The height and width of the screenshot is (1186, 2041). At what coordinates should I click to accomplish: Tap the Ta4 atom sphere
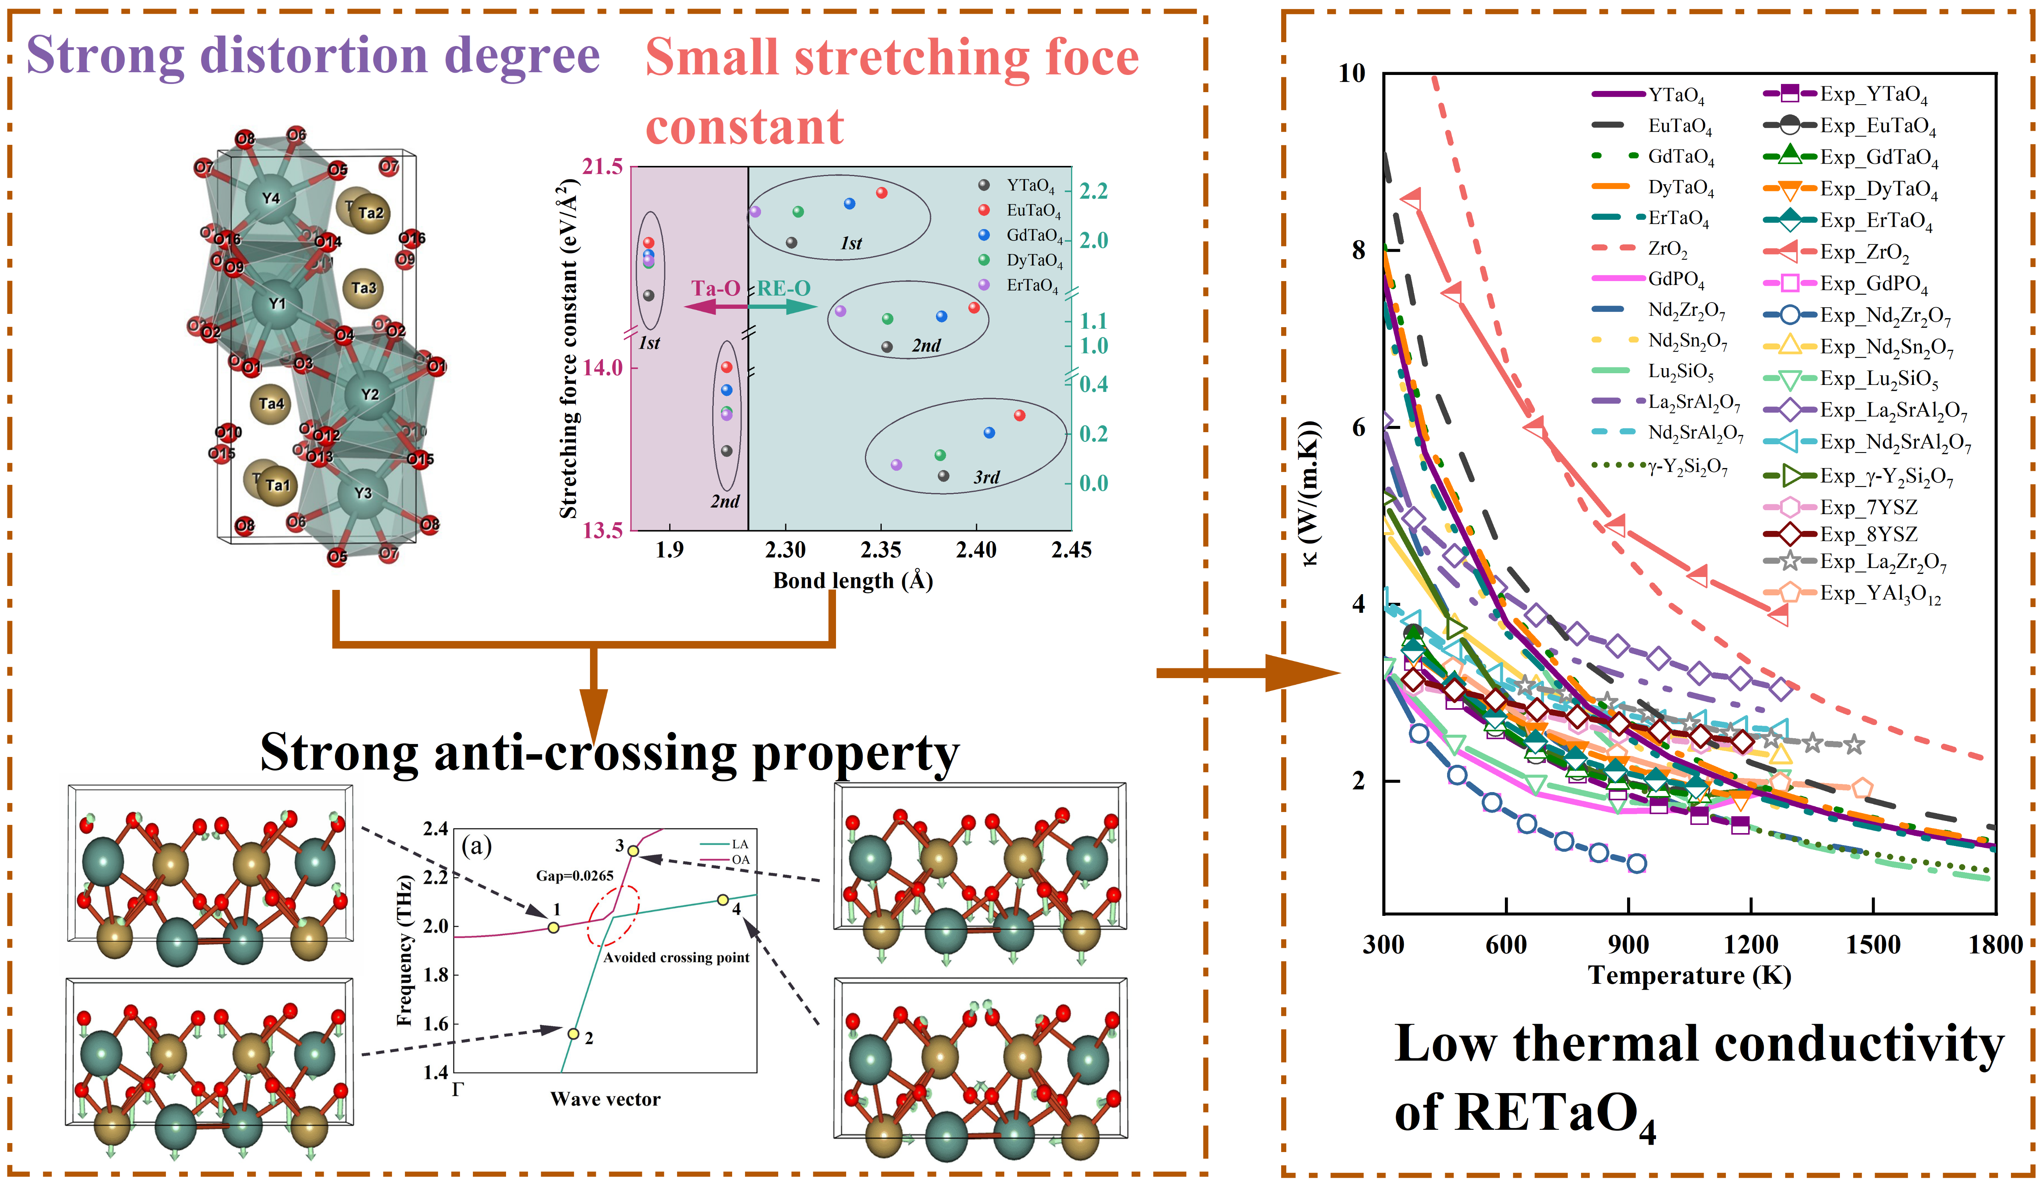(x=271, y=403)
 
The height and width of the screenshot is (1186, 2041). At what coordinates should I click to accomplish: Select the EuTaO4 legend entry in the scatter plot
(x=1033, y=210)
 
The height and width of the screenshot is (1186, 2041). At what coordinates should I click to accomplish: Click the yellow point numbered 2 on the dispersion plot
(x=574, y=1034)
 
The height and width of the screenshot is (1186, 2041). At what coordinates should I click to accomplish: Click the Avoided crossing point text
(x=676, y=958)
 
